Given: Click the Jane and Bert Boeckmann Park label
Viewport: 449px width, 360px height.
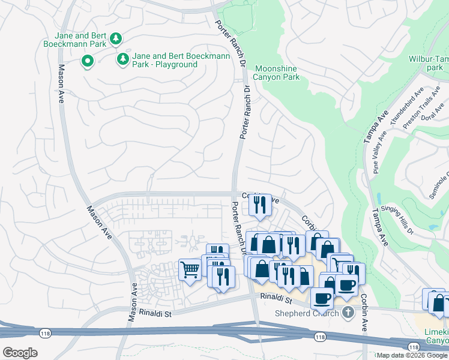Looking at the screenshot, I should pyautogui.click(x=74, y=40).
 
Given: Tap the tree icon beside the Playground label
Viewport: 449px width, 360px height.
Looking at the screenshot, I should pyautogui.click(x=123, y=59).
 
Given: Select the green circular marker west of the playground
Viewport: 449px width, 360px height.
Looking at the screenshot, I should pyautogui.click(x=88, y=61).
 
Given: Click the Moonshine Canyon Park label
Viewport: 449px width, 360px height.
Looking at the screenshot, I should pyautogui.click(x=276, y=73).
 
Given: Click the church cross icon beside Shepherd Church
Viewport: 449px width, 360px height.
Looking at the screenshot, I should pyautogui.click(x=348, y=313).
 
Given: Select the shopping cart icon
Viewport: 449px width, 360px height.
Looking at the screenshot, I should pyautogui.click(x=190, y=269).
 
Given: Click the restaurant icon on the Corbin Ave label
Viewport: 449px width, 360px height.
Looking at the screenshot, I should pyautogui.click(x=259, y=205).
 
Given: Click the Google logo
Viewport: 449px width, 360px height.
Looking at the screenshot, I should pyautogui.click(x=20, y=352).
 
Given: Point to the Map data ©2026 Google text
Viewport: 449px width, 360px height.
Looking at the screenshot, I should pyautogui.click(x=411, y=355).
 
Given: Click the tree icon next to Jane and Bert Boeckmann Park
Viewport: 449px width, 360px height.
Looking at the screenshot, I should pyautogui.click(x=116, y=40).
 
